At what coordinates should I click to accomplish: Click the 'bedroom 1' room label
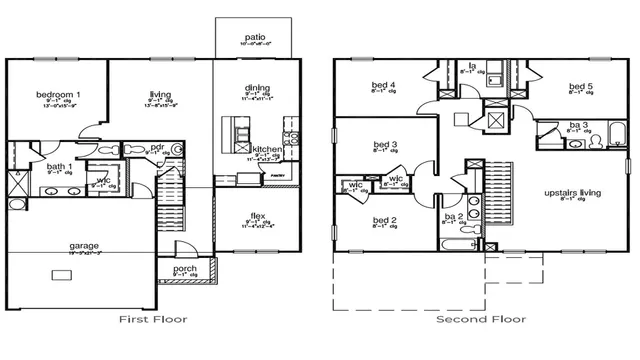(58, 95)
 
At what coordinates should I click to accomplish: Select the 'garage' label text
(83, 244)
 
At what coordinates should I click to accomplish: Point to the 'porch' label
(185, 269)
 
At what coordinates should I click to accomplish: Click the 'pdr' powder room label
(158, 146)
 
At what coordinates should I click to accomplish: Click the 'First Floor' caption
(152, 320)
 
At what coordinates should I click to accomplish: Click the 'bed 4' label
(384, 85)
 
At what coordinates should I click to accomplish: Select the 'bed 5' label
(581, 87)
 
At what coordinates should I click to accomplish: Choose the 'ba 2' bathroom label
(452, 215)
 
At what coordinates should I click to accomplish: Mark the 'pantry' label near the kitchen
(278, 175)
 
